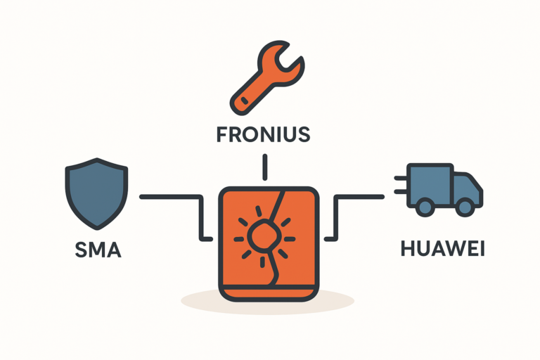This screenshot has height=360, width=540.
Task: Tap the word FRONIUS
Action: point(264,134)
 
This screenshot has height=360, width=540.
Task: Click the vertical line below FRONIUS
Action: point(264,167)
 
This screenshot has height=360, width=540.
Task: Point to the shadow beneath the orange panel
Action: point(267,300)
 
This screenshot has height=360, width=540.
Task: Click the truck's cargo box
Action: point(430,181)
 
